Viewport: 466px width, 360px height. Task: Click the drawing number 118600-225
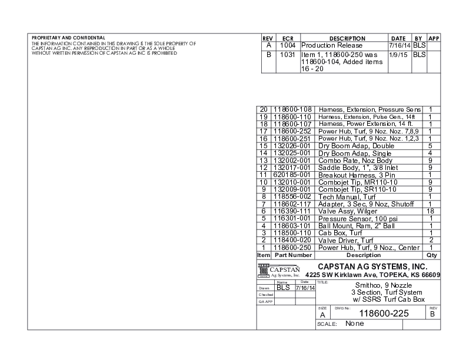tap(383, 313)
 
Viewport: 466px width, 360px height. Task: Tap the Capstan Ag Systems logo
tap(279, 271)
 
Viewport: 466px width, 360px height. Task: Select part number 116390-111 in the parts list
tap(292, 211)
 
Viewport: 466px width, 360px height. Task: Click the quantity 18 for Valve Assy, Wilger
tap(431, 211)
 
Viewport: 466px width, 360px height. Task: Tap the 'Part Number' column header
tap(292, 255)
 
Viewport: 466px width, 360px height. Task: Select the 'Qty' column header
tap(431, 255)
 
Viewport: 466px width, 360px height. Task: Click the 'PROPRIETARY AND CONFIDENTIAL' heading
tap(68, 38)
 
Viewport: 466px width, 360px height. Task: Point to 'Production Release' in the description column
tap(331, 45)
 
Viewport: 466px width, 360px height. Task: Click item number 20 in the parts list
tap(263, 109)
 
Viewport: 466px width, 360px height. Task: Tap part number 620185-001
tap(292, 175)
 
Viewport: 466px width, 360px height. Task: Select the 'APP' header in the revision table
tap(435, 38)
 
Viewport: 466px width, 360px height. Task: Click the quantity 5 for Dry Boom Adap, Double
tap(431, 145)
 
